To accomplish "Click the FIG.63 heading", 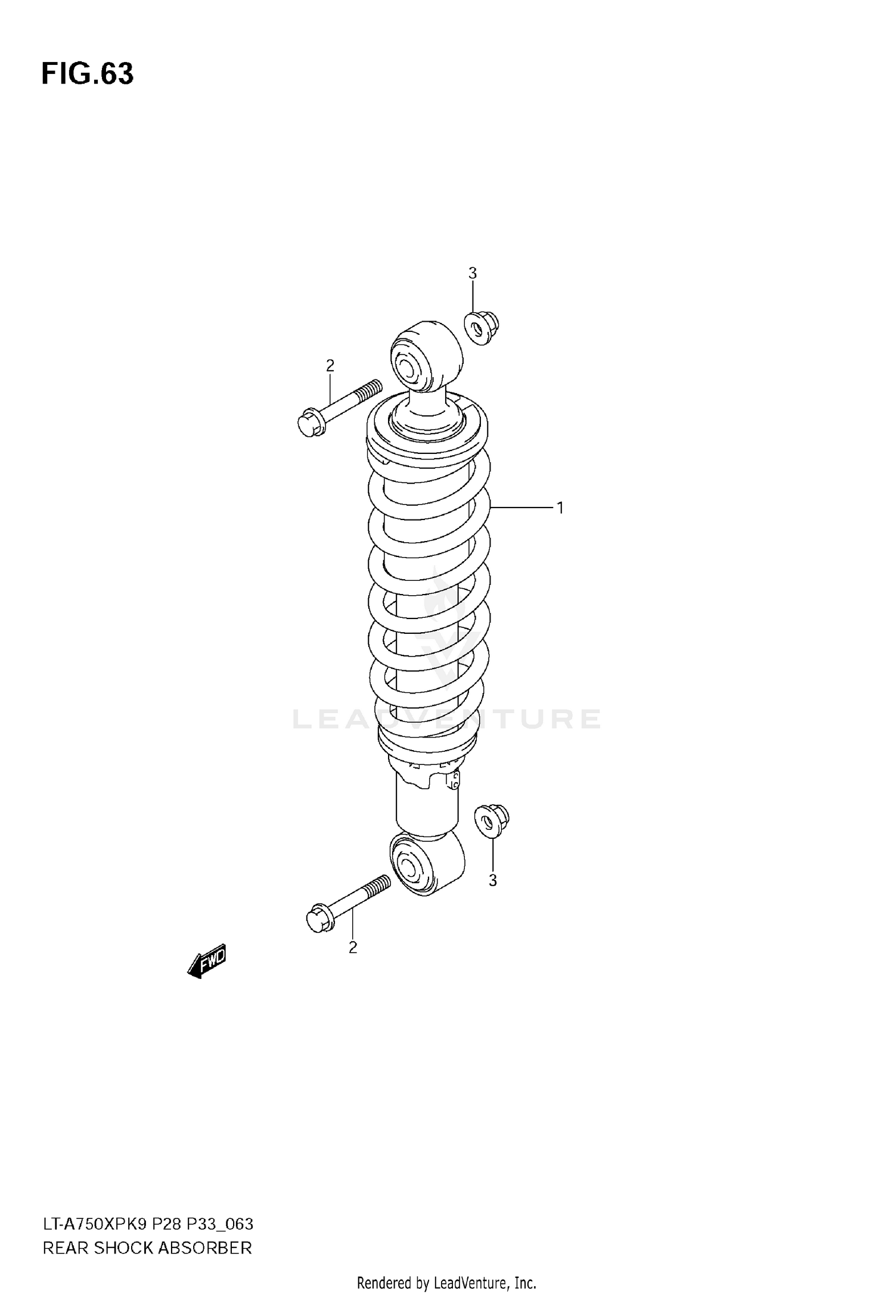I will [x=88, y=74].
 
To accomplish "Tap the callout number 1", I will [x=560, y=508].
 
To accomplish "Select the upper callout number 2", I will [x=330, y=365].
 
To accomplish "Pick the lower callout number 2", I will [x=353, y=948].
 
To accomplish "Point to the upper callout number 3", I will [x=472, y=273].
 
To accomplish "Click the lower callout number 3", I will [x=492, y=881].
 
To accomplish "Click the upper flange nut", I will [x=481, y=328].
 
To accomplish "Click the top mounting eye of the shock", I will [x=426, y=357].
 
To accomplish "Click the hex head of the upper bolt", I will [x=311, y=422].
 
